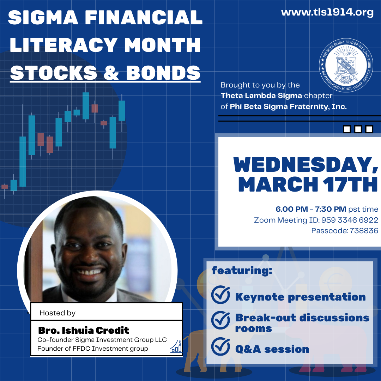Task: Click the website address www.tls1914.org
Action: pyautogui.click(x=327, y=12)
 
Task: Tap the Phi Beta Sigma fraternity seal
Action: pyautogui.click(x=346, y=65)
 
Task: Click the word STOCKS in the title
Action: pyautogui.click(x=54, y=73)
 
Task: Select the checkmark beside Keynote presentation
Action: pyautogui.click(x=220, y=295)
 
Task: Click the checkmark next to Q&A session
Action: pyautogui.click(x=220, y=346)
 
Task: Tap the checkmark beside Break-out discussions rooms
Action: pyautogui.click(x=220, y=320)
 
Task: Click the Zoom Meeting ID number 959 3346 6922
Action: pyautogui.click(x=350, y=220)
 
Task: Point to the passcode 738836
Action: pyautogui.click(x=364, y=231)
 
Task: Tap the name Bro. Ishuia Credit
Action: pyautogui.click(x=84, y=331)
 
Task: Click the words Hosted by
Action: pyautogui.click(x=58, y=313)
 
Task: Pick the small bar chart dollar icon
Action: pyautogui.click(x=176, y=346)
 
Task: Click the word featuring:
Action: pyautogui.click(x=242, y=271)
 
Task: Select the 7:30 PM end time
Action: pyautogui.click(x=331, y=209)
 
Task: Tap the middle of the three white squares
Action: pyautogui.click(x=358, y=129)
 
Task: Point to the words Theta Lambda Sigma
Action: pyautogui.click(x=261, y=96)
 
